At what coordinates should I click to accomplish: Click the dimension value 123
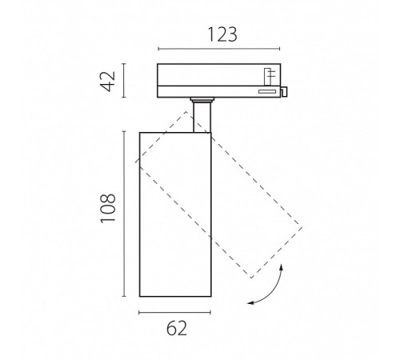click(x=222, y=34)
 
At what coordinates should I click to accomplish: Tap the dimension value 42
click(x=108, y=81)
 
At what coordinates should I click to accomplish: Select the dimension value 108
click(x=108, y=208)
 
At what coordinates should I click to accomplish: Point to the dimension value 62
click(x=177, y=328)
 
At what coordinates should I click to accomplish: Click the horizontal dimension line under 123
click(x=219, y=49)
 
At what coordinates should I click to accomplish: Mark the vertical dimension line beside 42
click(x=124, y=81)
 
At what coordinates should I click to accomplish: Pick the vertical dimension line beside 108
click(x=124, y=214)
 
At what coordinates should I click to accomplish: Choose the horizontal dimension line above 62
click(x=175, y=312)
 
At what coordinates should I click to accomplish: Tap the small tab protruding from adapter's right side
click(x=284, y=91)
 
